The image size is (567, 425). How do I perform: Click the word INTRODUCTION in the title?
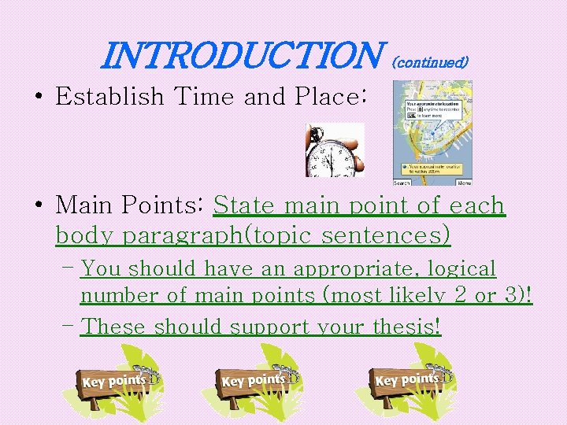(x=240, y=55)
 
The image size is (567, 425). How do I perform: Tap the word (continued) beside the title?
(x=430, y=61)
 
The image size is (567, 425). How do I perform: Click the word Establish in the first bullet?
(x=109, y=97)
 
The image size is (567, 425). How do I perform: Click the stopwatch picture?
(x=335, y=150)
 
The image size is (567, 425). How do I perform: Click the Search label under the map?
(x=402, y=183)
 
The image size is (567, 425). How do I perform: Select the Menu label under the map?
(x=464, y=183)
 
